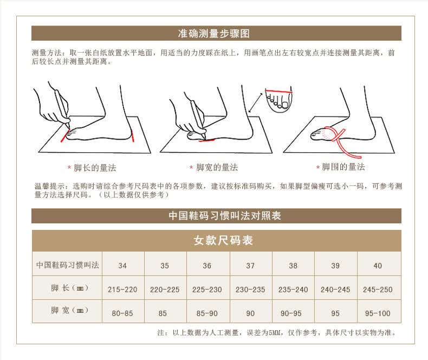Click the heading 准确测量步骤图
(213, 34)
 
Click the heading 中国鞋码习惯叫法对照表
(225, 215)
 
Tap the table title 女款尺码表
(223, 240)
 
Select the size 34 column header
(122, 266)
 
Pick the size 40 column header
(378, 266)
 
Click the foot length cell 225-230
(207, 290)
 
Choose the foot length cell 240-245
(335, 290)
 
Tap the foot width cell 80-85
(122, 313)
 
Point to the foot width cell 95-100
(378, 313)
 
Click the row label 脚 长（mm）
(69, 288)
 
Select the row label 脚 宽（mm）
(69, 310)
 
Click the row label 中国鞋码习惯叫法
(67, 265)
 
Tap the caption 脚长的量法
(95, 168)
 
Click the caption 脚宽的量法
(217, 167)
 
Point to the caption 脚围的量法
(343, 166)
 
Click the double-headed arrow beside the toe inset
(256, 102)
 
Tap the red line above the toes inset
(278, 91)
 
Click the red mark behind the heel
(133, 136)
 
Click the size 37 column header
(250, 266)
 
